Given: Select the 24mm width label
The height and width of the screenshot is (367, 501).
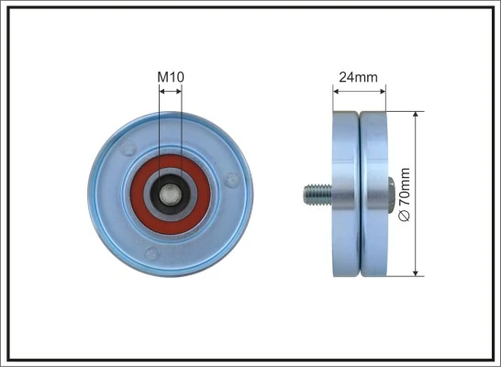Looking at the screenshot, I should click(x=359, y=77).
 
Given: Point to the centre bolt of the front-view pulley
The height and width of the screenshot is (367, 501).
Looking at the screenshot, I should click(x=171, y=194).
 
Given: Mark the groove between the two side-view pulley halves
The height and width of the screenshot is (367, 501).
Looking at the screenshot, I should click(x=359, y=194).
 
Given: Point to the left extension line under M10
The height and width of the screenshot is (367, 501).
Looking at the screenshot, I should click(x=159, y=138).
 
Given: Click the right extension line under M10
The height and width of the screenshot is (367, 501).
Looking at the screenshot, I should click(x=182, y=138).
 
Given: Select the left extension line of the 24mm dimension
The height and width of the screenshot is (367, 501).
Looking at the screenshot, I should click(x=332, y=99).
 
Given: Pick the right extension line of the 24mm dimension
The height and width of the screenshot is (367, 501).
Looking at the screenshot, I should click(x=386, y=99).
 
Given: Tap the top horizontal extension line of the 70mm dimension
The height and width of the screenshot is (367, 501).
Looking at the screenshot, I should click(x=404, y=112).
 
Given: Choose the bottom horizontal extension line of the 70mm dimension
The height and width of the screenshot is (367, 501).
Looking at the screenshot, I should click(x=404, y=275).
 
